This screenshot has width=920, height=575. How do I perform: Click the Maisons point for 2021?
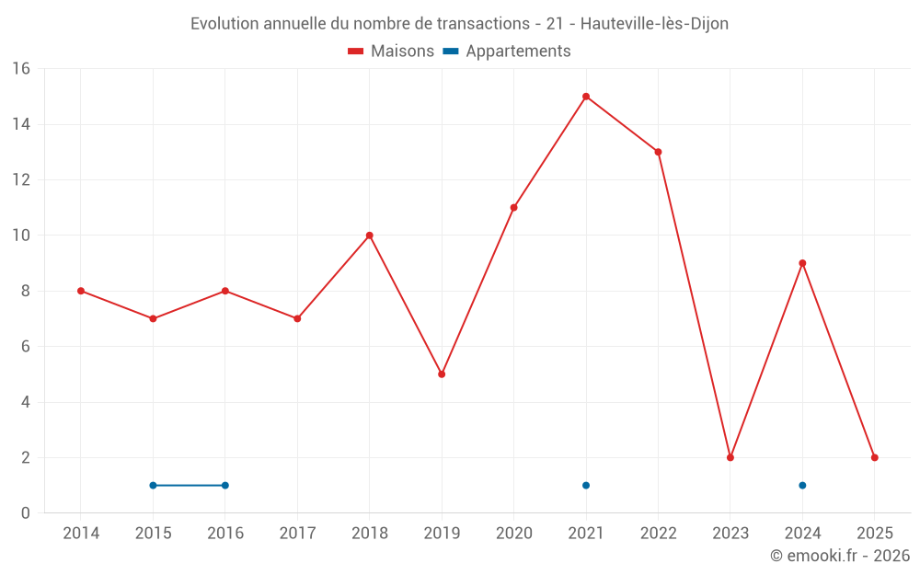click(x=586, y=97)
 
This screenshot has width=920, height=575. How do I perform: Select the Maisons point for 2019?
click(x=442, y=374)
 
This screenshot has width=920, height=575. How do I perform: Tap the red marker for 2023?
click(x=730, y=457)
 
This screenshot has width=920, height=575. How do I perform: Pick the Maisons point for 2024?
click(x=802, y=263)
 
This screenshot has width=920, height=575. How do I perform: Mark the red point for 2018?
click(x=370, y=236)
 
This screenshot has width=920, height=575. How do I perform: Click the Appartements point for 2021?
click(x=586, y=486)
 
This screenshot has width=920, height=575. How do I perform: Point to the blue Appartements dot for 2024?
click(x=802, y=486)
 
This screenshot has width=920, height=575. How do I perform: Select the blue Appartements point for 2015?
click(x=153, y=486)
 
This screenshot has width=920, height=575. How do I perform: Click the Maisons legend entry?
click(x=391, y=52)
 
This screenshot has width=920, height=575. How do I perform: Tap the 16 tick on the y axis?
click(x=21, y=69)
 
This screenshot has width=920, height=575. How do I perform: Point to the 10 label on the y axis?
click(x=21, y=236)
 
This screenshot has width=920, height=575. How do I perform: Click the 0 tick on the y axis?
click(x=26, y=513)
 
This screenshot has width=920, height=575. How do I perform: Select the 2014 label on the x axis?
click(x=81, y=534)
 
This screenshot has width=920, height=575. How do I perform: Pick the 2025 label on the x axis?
click(x=875, y=534)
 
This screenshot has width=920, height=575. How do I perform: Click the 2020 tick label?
click(x=513, y=534)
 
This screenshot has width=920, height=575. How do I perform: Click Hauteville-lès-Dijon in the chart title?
click(x=654, y=24)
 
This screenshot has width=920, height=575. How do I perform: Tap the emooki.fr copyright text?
click(x=840, y=556)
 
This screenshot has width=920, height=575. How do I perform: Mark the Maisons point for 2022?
click(x=658, y=152)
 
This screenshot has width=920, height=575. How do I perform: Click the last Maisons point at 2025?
click(x=875, y=457)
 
